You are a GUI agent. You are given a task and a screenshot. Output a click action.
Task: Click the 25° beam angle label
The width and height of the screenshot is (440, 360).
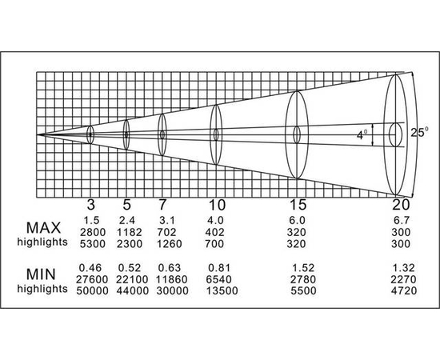[419, 132]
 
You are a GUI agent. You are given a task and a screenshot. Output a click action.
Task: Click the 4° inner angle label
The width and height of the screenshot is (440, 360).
[362, 134]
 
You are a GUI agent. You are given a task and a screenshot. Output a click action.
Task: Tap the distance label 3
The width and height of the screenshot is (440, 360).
[90, 205]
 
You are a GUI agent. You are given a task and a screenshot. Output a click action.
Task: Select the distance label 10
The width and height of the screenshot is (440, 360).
[217, 205]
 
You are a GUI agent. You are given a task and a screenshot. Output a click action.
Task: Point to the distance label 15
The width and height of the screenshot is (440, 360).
[298, 205]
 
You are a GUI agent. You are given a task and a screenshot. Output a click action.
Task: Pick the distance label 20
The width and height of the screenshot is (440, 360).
[401, 205]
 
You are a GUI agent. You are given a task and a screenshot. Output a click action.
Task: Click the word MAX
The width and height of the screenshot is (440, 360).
[43, 227]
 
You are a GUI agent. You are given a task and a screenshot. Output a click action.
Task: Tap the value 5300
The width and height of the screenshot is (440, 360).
[93, 244]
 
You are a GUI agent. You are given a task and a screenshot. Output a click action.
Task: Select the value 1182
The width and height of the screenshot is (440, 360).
[130, 232]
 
